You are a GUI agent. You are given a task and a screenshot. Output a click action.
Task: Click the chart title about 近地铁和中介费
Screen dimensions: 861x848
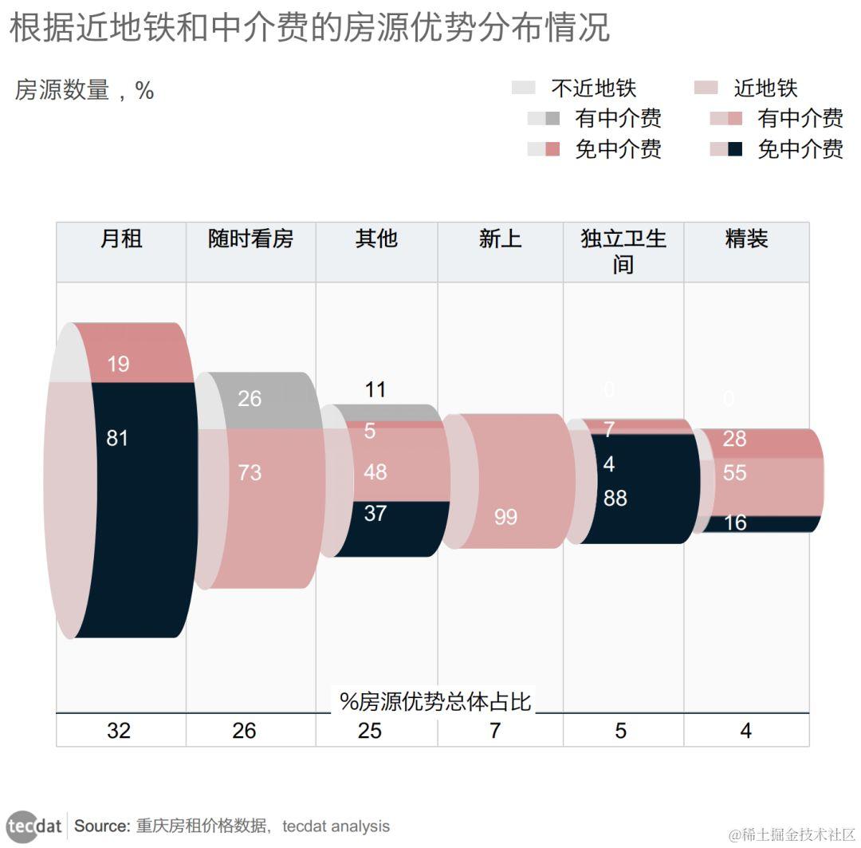coord(309,29)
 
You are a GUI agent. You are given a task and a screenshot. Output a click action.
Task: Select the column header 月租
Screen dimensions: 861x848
coord(121,239)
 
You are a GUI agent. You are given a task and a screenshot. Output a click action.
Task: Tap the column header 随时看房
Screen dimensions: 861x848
coord(250,239)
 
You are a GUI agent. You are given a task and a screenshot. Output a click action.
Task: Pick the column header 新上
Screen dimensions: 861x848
coord(500,239)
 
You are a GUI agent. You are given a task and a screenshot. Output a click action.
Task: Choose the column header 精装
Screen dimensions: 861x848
coord(746,239)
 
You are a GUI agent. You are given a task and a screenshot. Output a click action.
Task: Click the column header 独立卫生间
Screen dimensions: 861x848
coord(623,250)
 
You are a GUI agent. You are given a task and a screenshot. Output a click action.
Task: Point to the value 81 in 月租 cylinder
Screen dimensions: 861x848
coord(117,438)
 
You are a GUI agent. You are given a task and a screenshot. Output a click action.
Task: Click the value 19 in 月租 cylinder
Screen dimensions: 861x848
coord(118,365)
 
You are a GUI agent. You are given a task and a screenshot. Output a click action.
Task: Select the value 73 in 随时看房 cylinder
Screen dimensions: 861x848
coord(250,472)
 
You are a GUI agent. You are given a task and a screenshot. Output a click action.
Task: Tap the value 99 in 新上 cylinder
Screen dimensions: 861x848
coord(505,517)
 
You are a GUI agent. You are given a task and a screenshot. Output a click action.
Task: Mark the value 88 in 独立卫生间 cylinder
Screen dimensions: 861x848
coord(615,499)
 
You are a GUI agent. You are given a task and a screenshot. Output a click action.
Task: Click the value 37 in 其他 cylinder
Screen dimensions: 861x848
coord(375,513)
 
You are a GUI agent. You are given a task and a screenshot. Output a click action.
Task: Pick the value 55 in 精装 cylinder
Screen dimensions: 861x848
coord(734,473)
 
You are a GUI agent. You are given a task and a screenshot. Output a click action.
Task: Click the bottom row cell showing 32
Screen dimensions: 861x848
coord(119,730)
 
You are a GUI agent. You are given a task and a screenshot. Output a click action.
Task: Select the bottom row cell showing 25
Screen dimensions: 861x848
coord(370,730)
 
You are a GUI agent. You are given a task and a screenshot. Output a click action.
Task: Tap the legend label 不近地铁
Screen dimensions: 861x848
coord(593,89)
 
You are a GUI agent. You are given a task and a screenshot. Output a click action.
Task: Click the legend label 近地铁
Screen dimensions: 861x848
coord(765,89)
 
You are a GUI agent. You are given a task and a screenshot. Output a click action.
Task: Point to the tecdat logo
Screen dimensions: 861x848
coord(34,826)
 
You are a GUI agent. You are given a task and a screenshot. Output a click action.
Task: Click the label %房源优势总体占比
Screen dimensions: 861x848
coord(435,701)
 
